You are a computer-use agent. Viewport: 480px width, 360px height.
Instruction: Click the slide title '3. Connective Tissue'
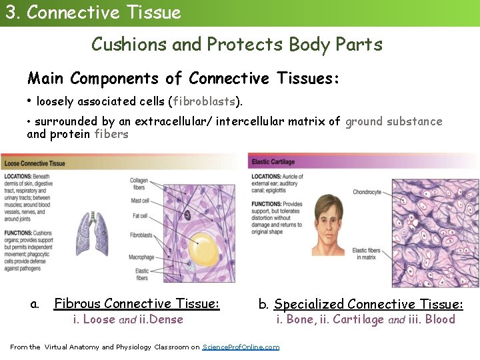tap(93, 13)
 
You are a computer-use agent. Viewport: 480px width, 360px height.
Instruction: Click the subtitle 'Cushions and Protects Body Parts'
tap(237, 45)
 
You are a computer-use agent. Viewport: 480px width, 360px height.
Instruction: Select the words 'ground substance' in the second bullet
tap(393, 121)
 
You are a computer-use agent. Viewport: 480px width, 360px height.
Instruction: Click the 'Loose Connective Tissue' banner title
tap(33, 163)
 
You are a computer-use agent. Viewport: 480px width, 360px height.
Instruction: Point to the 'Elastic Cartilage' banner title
tap(273, 162)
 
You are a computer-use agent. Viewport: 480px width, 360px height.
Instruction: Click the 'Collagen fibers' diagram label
tap(139, 183)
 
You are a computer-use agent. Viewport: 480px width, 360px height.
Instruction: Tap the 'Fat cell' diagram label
tap(140, 216)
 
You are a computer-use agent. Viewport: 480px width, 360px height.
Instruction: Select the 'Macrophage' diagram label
tap(141, 257)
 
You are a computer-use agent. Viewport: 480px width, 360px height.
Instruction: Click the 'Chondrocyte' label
tap(367, 193)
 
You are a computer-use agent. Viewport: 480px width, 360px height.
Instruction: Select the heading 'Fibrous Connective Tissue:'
tap(136, 304)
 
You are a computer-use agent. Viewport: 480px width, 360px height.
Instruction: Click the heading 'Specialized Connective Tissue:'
tap(368, 305)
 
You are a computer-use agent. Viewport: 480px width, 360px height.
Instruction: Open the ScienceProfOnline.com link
tap(241, 347)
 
